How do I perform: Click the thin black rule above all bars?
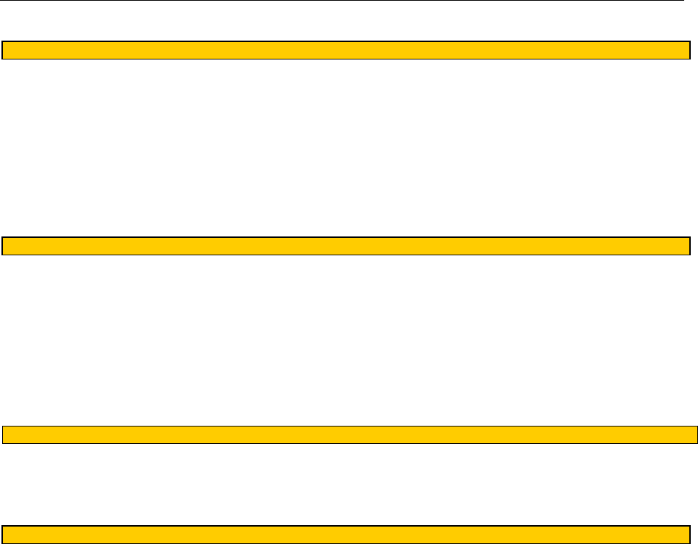(341, 1)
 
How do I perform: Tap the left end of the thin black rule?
(2, 1)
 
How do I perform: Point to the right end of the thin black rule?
(682, 1)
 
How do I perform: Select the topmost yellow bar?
(346, 50)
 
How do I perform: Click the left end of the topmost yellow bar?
(4, 50)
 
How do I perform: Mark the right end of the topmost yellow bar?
(687, 50)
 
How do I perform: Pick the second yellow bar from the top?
(346, 246)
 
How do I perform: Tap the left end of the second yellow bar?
(4, 246)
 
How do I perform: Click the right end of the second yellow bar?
(687, 246)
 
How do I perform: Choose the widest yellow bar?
(350, 434)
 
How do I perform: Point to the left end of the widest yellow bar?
(4, 434)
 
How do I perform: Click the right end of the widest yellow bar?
(696, 434)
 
